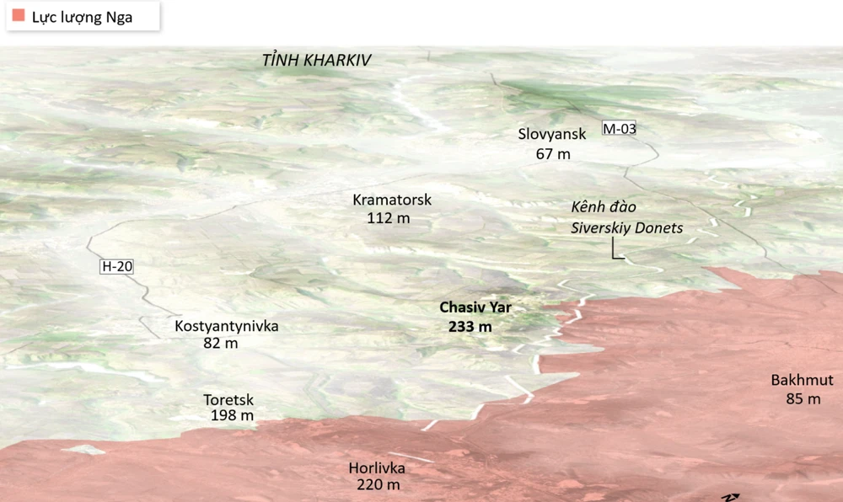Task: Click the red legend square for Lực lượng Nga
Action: click(19, 16)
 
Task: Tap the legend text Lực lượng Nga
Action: click(83, 17)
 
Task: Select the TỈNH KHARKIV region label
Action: click(317, 61)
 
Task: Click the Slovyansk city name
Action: click(552, 134)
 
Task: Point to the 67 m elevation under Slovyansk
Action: click(553, 154)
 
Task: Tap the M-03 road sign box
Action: click(619, 129)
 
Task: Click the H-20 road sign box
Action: click(117, 267)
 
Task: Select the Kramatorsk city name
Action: click(392, 200)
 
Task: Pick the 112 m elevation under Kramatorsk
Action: click(389, 218)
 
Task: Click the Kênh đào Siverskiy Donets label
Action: click(626, 217)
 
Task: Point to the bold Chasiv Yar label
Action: click(475, 307)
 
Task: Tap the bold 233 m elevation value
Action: click(470, 327)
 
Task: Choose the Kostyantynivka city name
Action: click(226, 326)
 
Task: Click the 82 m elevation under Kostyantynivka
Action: click(221, 344)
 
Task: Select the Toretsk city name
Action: click(228, 400)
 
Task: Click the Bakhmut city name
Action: click(802, 380)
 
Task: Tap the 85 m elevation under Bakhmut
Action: click(803, 399)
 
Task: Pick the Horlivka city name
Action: click(377, 467)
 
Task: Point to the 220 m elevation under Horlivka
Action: click(378, 485)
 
